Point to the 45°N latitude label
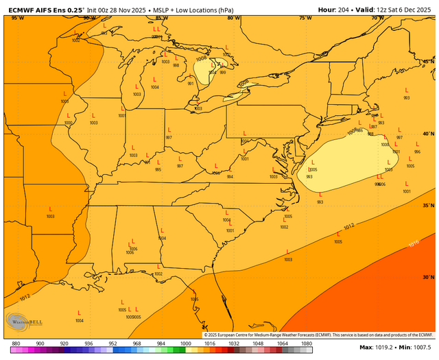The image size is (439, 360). click(429, 62)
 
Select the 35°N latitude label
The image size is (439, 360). click(429, 206)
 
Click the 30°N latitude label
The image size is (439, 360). click(429, 278)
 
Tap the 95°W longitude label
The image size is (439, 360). click(16, 18)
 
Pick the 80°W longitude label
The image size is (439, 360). click(233, 18)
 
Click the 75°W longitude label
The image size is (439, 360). click(305, 18)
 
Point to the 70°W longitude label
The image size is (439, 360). click(377, 18)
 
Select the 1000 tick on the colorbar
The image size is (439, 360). click(185, 342)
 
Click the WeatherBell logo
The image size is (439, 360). click(22, 322)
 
